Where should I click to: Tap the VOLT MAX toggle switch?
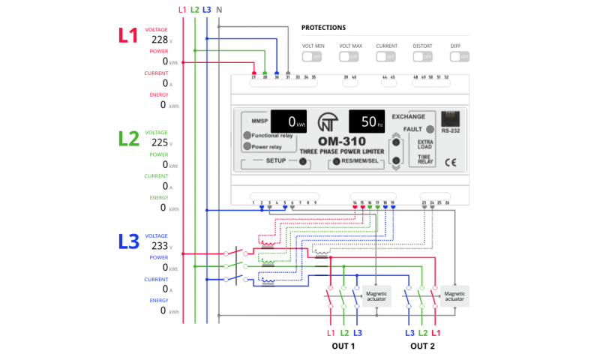point(350,56)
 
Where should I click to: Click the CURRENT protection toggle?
point(387,56)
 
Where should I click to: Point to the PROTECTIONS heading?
point(323,28)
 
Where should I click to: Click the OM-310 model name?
point(341,140)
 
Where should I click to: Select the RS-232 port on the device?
point(450,119)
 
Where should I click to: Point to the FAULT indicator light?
point(430,129)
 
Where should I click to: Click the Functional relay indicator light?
point(247,136)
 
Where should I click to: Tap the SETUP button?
point(303,161)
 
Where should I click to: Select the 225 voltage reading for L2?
point(160,142)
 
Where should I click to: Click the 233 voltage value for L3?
point(160,245)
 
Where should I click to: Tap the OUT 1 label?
point(343,346)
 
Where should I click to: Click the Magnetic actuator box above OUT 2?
point(454,295)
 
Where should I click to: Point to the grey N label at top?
point(218,10)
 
